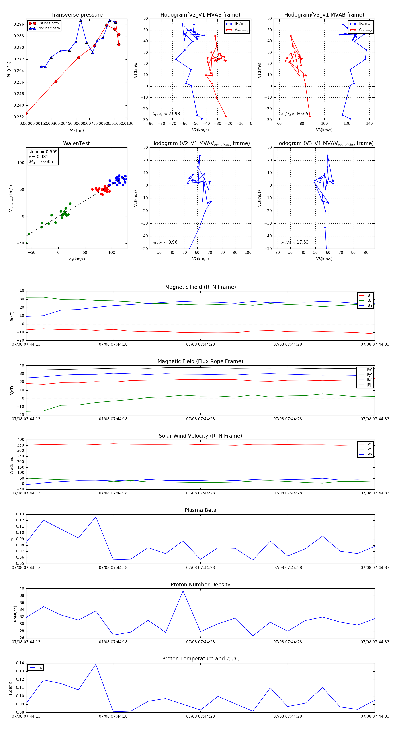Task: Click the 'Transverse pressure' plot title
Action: tap(76, 15)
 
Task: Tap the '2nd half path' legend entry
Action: tap(49, 28)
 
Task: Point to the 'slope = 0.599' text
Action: tap(43, 152)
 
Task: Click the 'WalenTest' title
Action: tap(76, 143)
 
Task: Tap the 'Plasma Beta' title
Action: tap(200, 510)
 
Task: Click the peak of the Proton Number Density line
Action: tap(183, 591)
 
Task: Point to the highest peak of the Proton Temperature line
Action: tap(96, 664)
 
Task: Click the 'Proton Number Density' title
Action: tap(200, 585)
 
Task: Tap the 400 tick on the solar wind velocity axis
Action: tap(20, 440)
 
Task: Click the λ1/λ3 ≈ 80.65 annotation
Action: tap(295, 114)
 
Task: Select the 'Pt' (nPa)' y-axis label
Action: tap(9, 69)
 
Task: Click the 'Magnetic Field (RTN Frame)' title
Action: tap(200, 287)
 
